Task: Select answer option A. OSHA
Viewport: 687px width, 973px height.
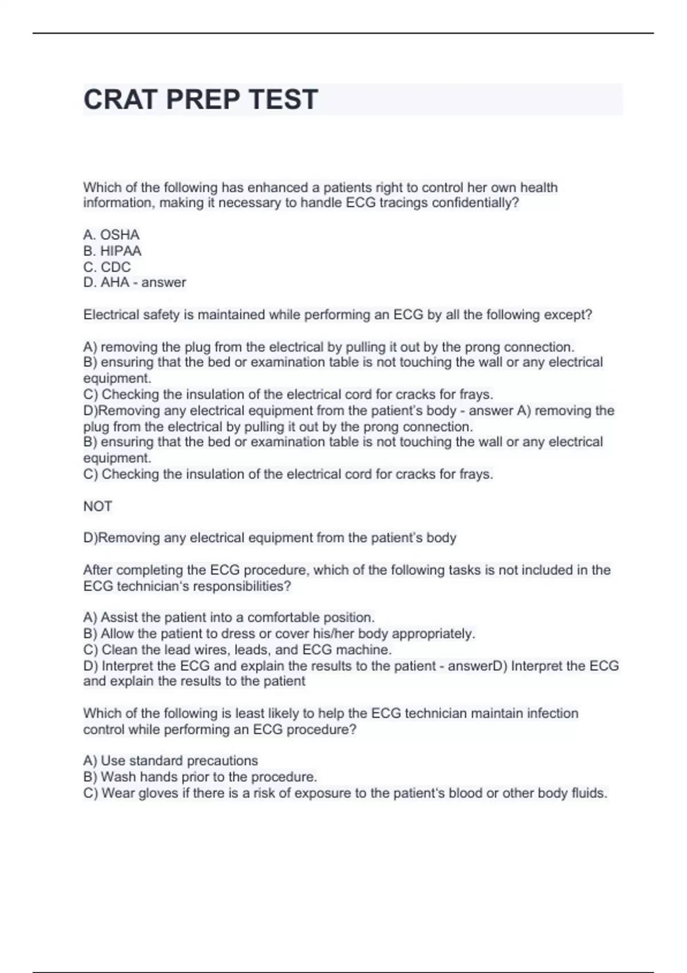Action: [x=111, y=235]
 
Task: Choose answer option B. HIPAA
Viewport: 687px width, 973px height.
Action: [x=112, y=251]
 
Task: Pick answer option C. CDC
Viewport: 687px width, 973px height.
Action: [x=107, y=267]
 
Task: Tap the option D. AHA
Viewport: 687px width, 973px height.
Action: [x=106, y=282]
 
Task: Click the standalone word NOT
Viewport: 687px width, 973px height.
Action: [x=97, y=506]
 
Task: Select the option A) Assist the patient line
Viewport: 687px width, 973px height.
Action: [x=228, y=618]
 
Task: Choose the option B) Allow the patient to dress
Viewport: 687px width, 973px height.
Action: [x=279, y=634]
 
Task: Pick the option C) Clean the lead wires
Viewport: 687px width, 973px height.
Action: [x=237, y=650]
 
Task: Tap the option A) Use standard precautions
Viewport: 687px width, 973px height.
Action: [x=171, y=761]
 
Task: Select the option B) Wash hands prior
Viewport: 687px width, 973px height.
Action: [x=200, y=777]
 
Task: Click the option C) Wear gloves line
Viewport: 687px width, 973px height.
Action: [x=345, y=793]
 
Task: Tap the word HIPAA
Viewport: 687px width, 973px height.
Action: [x=120, y=251]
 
